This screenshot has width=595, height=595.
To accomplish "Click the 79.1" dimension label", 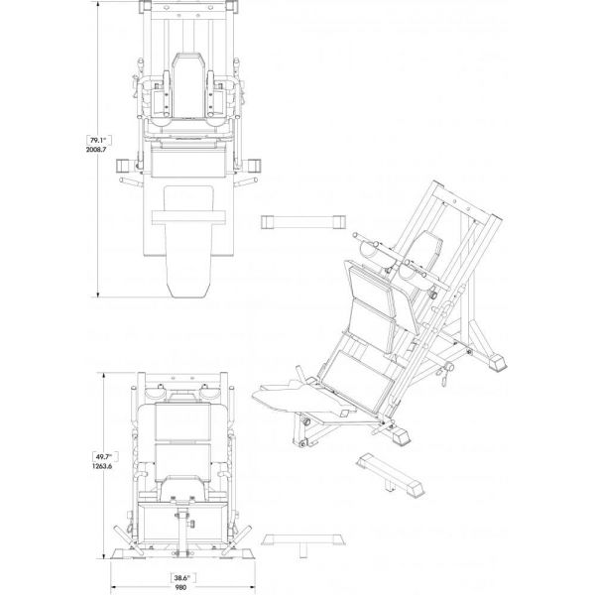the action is pos(98,141).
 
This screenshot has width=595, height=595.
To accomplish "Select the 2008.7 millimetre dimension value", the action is pos(96,150).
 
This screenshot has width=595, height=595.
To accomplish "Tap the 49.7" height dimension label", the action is pos(105,456).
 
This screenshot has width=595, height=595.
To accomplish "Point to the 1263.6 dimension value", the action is pos(102,466).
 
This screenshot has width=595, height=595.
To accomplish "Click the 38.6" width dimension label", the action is pos(182,578).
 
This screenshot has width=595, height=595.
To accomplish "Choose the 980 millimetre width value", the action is pos(181,587).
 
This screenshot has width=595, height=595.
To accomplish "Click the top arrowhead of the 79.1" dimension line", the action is pos(98,5).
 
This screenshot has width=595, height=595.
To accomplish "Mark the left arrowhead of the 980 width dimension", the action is pos(114,586).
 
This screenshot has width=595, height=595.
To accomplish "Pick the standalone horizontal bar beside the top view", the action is pos(303,222).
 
